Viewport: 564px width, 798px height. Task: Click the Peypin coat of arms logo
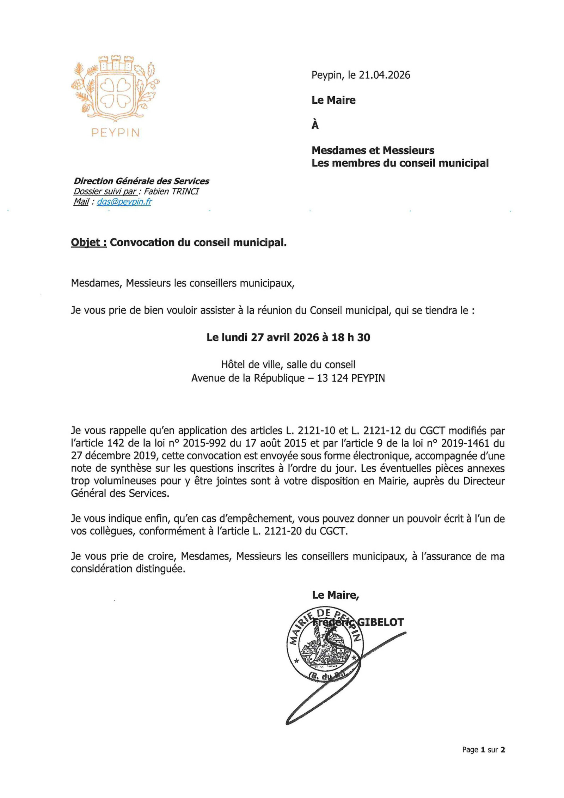pos(115,87)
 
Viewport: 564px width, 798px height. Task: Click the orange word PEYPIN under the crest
pos(116,133)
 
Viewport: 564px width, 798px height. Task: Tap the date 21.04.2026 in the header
pos(384,75)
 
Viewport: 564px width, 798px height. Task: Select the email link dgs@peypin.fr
pos(124,202)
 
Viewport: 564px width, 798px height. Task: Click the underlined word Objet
pos(88,243)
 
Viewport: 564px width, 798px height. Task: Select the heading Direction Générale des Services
pos(141,181)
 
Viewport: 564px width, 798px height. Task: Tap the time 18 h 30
pos(351,338)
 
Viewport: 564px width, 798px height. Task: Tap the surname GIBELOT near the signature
pos(380,622)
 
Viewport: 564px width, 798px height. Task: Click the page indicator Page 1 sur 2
pos(483,750)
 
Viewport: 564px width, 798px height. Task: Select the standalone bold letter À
pos(315,125)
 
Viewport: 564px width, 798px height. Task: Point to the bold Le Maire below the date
pos(333,100)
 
